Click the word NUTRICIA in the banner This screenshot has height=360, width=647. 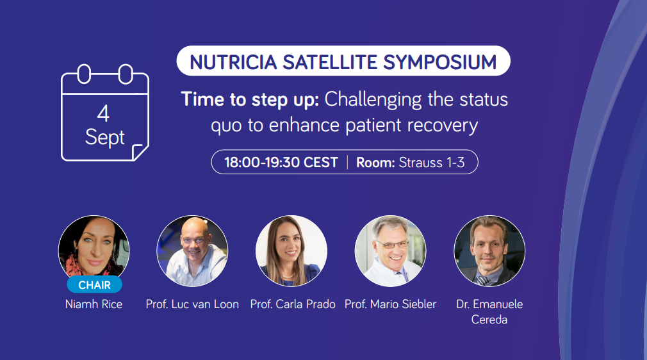point(233,62)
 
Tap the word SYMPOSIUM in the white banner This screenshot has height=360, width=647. point(440,62)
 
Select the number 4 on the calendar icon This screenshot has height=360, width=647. point(103,113)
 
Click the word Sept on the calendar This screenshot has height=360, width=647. point(105,138)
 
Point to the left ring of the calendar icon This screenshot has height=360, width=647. point(84,74)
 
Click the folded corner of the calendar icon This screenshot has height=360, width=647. point(140,152)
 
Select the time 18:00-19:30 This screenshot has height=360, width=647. point(262,162)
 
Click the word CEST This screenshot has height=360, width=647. point(320,162)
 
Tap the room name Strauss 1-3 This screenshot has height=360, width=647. point(432,162)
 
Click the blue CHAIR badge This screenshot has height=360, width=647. point(95,285)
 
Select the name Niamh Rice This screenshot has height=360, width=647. point(94,304)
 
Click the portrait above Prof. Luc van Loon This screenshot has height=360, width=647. point(192,251)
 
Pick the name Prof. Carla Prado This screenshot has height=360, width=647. point(293,304)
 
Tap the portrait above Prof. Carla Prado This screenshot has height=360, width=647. point(291,251)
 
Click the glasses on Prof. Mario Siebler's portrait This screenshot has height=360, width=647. point(392,245)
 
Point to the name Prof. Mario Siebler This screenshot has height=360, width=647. point(390,304)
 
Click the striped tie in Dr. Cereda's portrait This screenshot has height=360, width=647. point(482,281)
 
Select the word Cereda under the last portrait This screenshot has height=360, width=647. point(489,320)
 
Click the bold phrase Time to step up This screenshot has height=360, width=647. point(250,99)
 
